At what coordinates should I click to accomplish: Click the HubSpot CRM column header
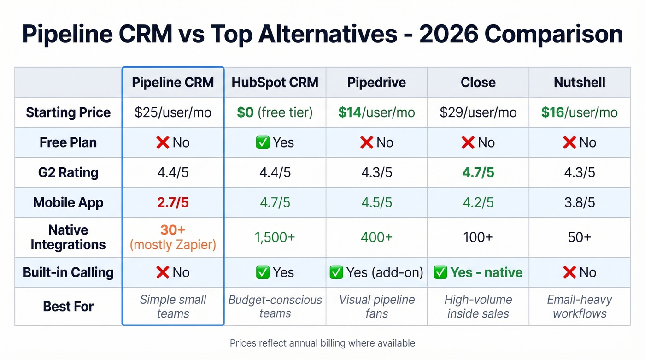tap(275, 83)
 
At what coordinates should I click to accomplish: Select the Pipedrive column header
tap(376, 83)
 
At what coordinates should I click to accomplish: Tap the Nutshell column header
tap(579, 83)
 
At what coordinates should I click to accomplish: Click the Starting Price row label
tap(68, 112)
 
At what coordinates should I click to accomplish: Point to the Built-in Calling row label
tap(68, 272)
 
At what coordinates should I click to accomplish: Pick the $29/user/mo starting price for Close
tap(478, 112)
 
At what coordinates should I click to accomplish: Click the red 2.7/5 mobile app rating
tap(173, 203)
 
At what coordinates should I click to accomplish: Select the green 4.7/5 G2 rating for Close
tap(478, 173)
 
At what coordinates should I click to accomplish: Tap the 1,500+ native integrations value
tap(275, 237)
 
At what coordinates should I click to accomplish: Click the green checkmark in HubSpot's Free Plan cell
tap(262, 143)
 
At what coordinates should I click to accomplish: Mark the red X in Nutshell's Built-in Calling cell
tap(569, 273)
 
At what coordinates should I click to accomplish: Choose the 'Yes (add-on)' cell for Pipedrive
tap(376, 272)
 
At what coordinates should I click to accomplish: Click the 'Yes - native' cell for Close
tap(478, 272)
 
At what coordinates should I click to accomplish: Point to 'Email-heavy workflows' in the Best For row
tap(579, 307)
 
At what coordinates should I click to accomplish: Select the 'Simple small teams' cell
tap(173, 307)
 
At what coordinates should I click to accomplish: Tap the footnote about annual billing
tap(322, 343)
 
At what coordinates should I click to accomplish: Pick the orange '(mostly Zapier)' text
tap(173, 244)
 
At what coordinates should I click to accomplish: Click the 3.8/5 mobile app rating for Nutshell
tap(579, 203)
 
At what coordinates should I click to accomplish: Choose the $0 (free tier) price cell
tap(275, 112)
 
